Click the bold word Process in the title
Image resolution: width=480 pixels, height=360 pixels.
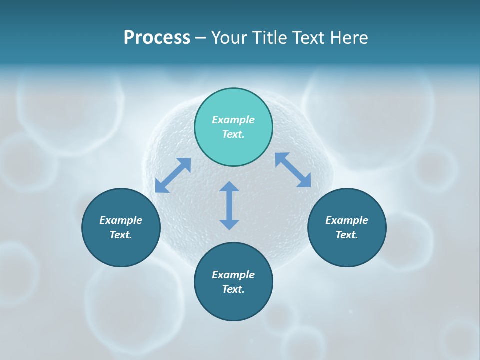157,38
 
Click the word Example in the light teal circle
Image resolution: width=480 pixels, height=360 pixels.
233,120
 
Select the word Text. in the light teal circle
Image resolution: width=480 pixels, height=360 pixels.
233,134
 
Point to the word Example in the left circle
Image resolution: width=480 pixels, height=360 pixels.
121,220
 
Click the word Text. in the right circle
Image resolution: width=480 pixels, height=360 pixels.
347,235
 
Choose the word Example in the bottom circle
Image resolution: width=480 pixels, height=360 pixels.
233,275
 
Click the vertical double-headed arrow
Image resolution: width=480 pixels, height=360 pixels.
229,205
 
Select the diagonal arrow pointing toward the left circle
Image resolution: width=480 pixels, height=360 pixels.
173,175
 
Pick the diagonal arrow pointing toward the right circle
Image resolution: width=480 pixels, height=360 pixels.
293,170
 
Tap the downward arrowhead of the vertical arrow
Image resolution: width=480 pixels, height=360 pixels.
229,224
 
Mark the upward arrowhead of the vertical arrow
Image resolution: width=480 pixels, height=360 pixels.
229,187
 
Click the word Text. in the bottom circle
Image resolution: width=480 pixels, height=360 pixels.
233,289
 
